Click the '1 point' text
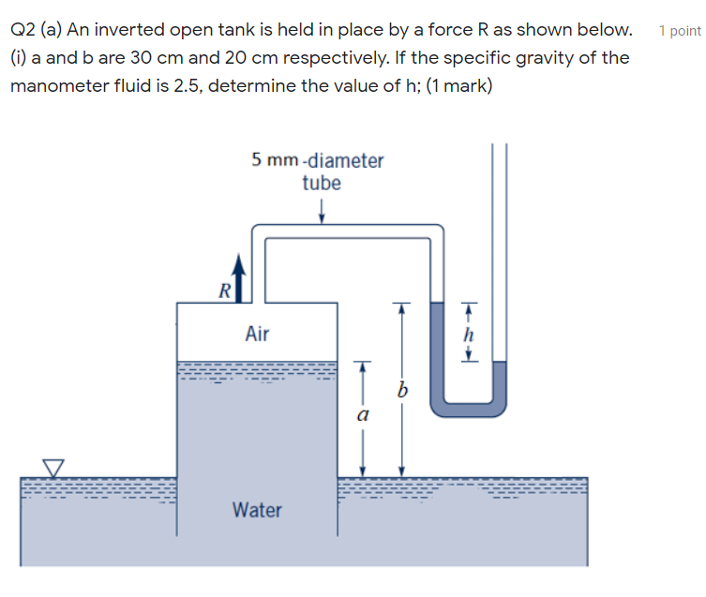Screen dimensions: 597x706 [x=680, y=31]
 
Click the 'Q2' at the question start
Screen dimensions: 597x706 [x=23, y=30]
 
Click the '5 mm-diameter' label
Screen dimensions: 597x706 [x=318, y=160]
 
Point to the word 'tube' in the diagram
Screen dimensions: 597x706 [x=322, y=183]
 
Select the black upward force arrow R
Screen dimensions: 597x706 [x=240, y=276]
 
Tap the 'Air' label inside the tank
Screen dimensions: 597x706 [x=257, y=333]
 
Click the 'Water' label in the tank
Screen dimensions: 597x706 [x=257, y=510]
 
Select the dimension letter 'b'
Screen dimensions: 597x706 [x=402, y=392]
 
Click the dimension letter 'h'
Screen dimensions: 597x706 [x=471, y=334]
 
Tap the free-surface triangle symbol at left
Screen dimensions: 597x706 [x=55, y=466]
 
